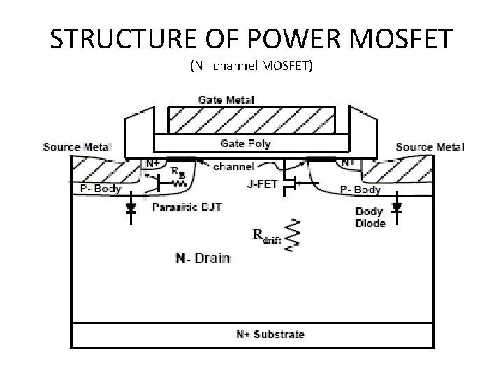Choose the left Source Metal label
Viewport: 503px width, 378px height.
76,147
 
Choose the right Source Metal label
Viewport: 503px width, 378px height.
430,147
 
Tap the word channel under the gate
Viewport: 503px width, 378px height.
233,167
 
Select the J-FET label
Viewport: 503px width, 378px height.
263,185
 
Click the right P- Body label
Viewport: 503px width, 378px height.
360,190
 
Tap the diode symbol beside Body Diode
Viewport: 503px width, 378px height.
397,208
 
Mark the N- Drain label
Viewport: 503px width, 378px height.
202,259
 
